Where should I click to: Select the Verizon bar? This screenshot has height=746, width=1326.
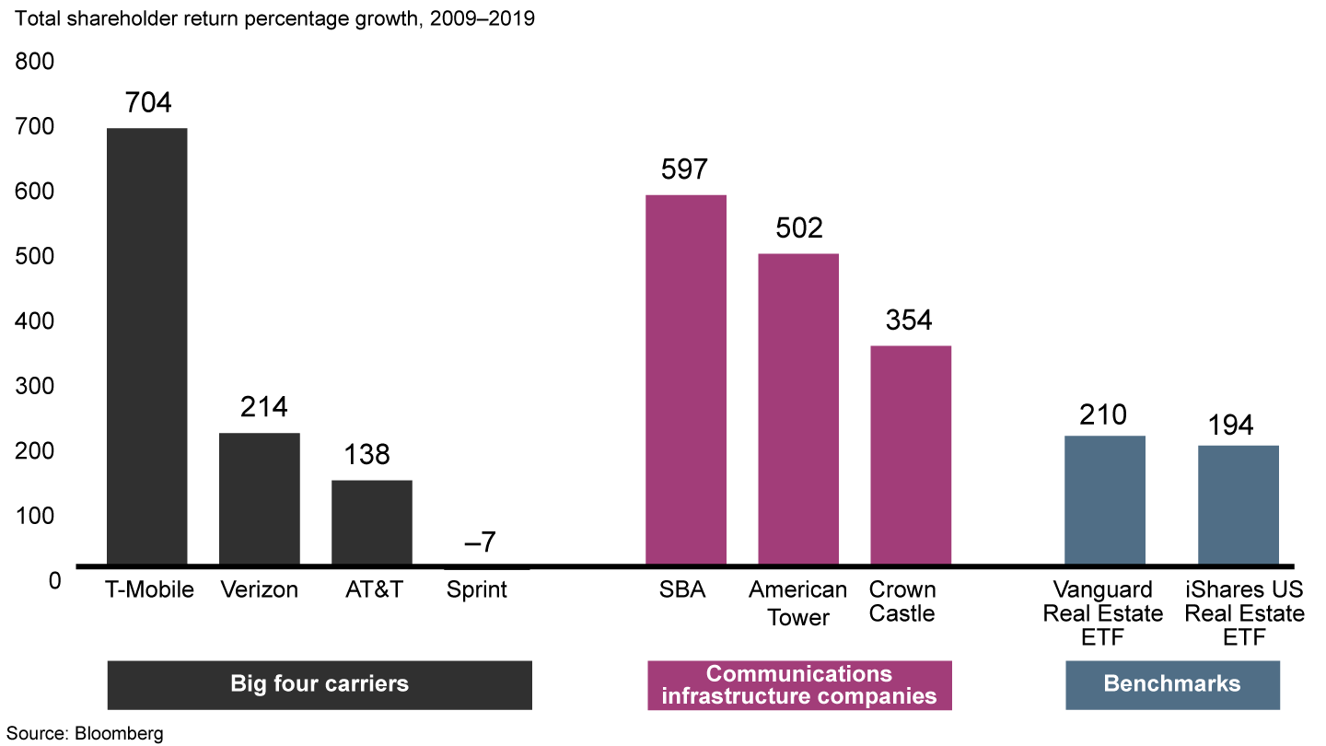260,498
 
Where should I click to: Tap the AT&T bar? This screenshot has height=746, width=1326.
372,522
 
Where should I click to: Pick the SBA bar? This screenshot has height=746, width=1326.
686,379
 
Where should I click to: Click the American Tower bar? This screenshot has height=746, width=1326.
798,409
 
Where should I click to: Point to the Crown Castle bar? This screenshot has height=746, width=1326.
911,455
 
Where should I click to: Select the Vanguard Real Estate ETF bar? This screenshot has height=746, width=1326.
1105,500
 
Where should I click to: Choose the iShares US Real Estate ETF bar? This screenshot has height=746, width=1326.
1239,505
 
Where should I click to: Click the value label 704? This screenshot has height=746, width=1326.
147,102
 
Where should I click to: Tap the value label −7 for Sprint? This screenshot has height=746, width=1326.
480,542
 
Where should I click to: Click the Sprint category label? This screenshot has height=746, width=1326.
477,590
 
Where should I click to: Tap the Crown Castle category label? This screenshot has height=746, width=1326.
902,601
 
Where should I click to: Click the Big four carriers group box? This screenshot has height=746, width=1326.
320,684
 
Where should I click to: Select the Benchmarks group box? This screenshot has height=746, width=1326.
1172,684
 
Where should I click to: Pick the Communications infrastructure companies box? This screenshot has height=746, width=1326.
799,684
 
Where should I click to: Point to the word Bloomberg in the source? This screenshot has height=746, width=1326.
120,734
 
